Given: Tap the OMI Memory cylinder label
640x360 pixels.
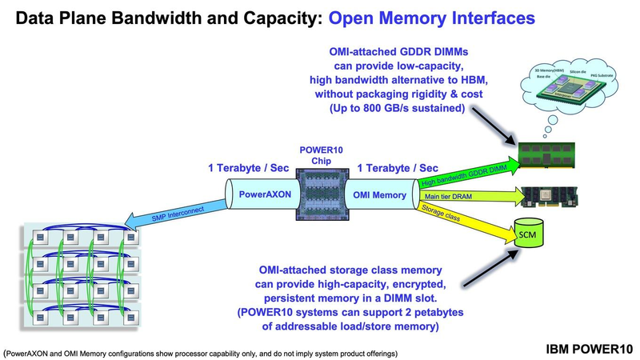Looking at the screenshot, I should [x=381, y=194].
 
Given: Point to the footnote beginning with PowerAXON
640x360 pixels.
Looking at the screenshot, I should [x=200, y=352].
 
